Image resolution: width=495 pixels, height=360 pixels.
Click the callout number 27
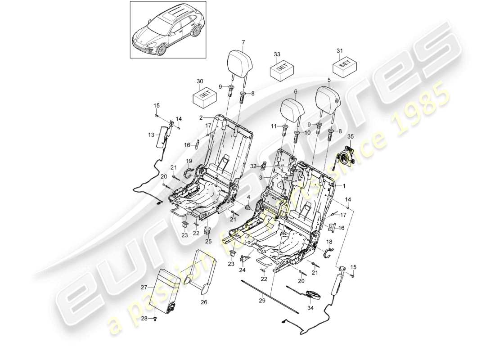[x=144, y=287]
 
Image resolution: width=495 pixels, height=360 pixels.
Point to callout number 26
[x=204, y=302]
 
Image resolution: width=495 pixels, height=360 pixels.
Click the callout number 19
[x=189, y=161]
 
